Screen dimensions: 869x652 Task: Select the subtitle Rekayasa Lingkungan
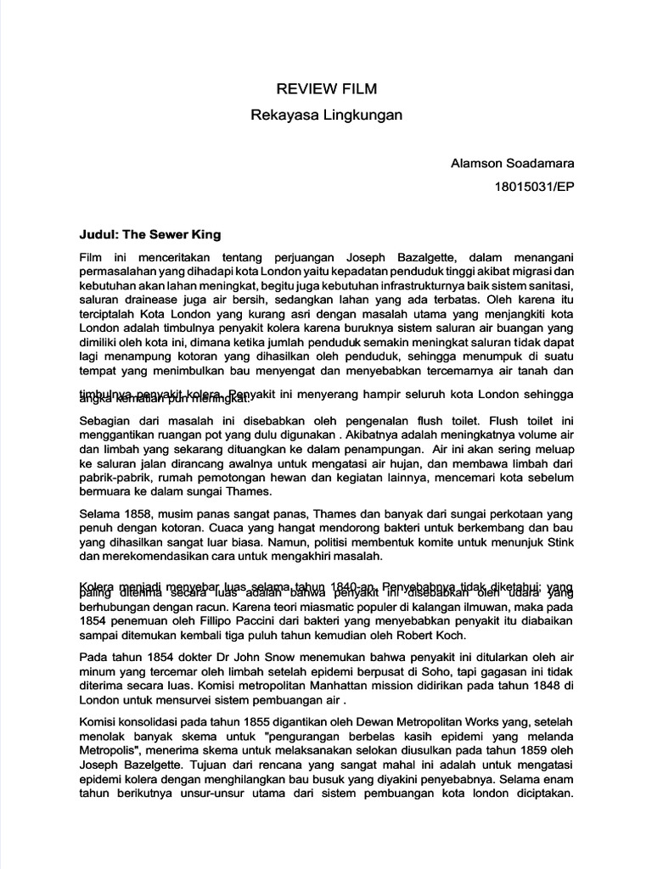tap(326, 114)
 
